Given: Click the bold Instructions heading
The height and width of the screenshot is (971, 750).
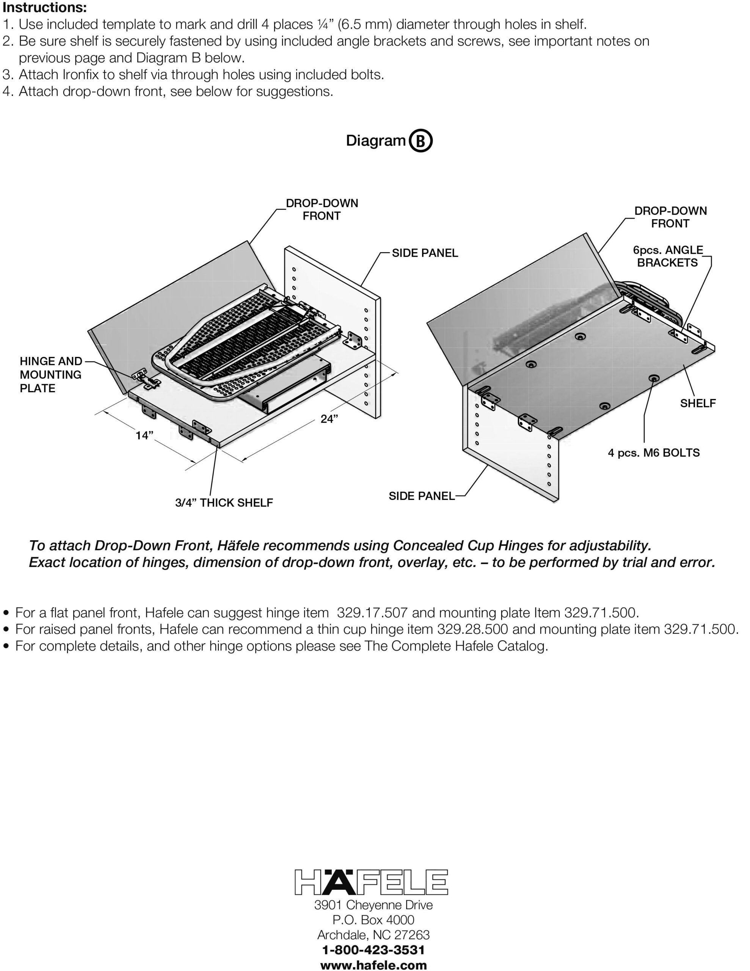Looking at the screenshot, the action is click(44, 8).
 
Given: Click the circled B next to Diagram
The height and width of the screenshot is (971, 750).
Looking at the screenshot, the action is click(420, 141).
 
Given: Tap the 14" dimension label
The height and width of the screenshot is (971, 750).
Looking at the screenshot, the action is click(144, 435).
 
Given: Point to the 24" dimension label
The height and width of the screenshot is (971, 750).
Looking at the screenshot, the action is click(329, 419).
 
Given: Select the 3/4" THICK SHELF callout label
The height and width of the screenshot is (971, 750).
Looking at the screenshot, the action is click(224, 503).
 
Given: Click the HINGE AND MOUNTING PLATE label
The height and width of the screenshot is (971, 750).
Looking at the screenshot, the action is click(51, 374).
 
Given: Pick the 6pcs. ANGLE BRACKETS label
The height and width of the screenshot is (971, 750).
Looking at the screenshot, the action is click(668, 256).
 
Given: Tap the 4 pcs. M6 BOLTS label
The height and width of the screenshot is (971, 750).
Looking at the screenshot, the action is click(654, 453).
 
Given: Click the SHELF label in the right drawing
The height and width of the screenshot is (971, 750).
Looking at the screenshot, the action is click(698, 403).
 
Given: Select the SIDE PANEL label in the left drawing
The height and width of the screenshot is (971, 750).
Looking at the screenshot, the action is click(425, 253).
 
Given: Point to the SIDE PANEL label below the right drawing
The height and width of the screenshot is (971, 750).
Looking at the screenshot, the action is click(422, 496).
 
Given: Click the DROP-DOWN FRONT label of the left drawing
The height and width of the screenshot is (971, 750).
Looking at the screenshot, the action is click(322, 209).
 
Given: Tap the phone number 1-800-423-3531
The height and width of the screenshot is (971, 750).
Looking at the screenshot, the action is click(373, 950).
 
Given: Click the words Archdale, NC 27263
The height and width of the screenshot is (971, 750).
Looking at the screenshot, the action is click(373, 935).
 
